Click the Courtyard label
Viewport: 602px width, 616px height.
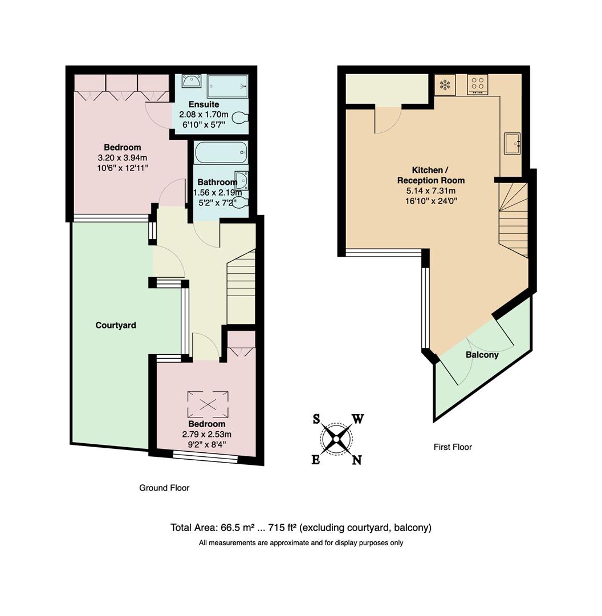116,325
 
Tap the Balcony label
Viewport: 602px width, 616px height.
482,355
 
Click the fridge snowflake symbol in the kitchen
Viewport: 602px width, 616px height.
444,85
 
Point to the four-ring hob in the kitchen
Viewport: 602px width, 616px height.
478,84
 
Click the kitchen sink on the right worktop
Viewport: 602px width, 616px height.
511,143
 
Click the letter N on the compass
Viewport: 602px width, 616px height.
356,460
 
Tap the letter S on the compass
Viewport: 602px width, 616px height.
316,419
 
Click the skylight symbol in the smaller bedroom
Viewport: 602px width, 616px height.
208,404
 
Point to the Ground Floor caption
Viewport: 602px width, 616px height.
164,488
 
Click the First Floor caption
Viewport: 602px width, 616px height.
453,447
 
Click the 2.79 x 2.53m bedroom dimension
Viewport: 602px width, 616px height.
207,434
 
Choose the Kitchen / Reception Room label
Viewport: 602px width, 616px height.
430,175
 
